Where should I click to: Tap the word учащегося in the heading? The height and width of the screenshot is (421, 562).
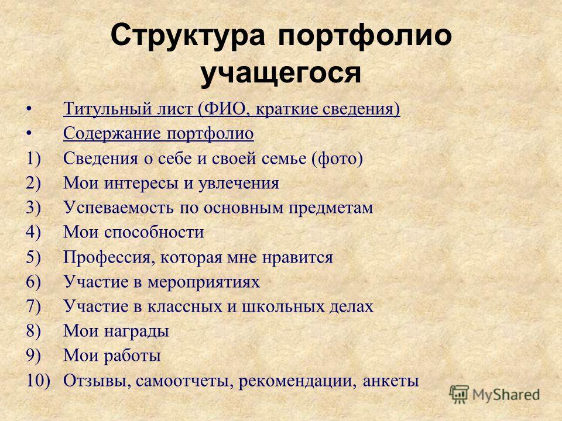tap(280, 74)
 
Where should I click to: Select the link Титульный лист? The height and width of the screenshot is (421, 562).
tap(126, 109)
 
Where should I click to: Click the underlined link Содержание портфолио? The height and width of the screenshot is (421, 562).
tap(159, 133)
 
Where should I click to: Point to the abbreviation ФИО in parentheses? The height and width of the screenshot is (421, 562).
tap(221, 109)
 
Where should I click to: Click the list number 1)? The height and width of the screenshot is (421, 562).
tap(34, 158)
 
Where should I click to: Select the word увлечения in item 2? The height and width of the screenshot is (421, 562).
tap(238, 184)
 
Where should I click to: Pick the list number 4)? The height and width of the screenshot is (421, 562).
tap(34, 232)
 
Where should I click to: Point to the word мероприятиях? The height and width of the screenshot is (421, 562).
tap(204, 282)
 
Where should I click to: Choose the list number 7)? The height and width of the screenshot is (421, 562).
tap(34, 306)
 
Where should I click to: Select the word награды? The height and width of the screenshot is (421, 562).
tap(136, 332)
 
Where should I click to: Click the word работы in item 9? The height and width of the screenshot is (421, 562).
tap(132, 356)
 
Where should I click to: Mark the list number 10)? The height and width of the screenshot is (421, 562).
tap(39, 381)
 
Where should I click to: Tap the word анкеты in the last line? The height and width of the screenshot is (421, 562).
tap(390, 381)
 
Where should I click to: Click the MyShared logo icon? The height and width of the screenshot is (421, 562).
tap(459, 395)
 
